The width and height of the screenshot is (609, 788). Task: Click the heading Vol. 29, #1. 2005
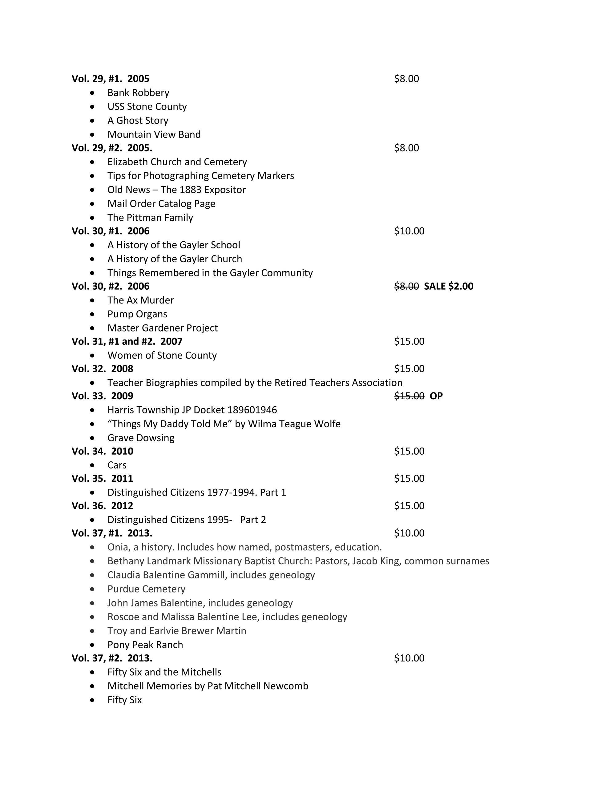[110, 79]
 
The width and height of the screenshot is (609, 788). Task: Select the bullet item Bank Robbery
[138, 93]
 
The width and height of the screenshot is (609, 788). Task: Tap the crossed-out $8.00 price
[406, 286]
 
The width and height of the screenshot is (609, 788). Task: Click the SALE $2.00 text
[448, 286]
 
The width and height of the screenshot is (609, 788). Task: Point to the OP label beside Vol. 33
[436, 396]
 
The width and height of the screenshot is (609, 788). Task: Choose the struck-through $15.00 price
[409, 396]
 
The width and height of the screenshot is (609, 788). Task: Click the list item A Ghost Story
[138, 121]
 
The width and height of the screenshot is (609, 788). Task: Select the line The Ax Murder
[140, 300]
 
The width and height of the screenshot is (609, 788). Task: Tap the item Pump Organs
[137, 314]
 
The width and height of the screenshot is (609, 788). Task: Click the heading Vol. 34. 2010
[102, 451]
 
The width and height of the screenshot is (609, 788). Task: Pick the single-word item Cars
[117, 465]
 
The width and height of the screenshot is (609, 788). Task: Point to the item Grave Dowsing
[141, 438]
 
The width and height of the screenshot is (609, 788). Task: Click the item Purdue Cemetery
[146, 589]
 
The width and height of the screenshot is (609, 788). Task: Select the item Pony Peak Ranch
[145, 645]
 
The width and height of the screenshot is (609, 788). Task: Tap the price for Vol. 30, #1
[409, 231]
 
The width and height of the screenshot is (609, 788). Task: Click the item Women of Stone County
[162, 356]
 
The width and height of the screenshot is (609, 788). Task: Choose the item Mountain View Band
[154, 134]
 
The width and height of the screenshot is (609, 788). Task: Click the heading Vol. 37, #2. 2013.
[111, 658]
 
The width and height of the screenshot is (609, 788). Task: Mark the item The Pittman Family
[150, 218]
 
